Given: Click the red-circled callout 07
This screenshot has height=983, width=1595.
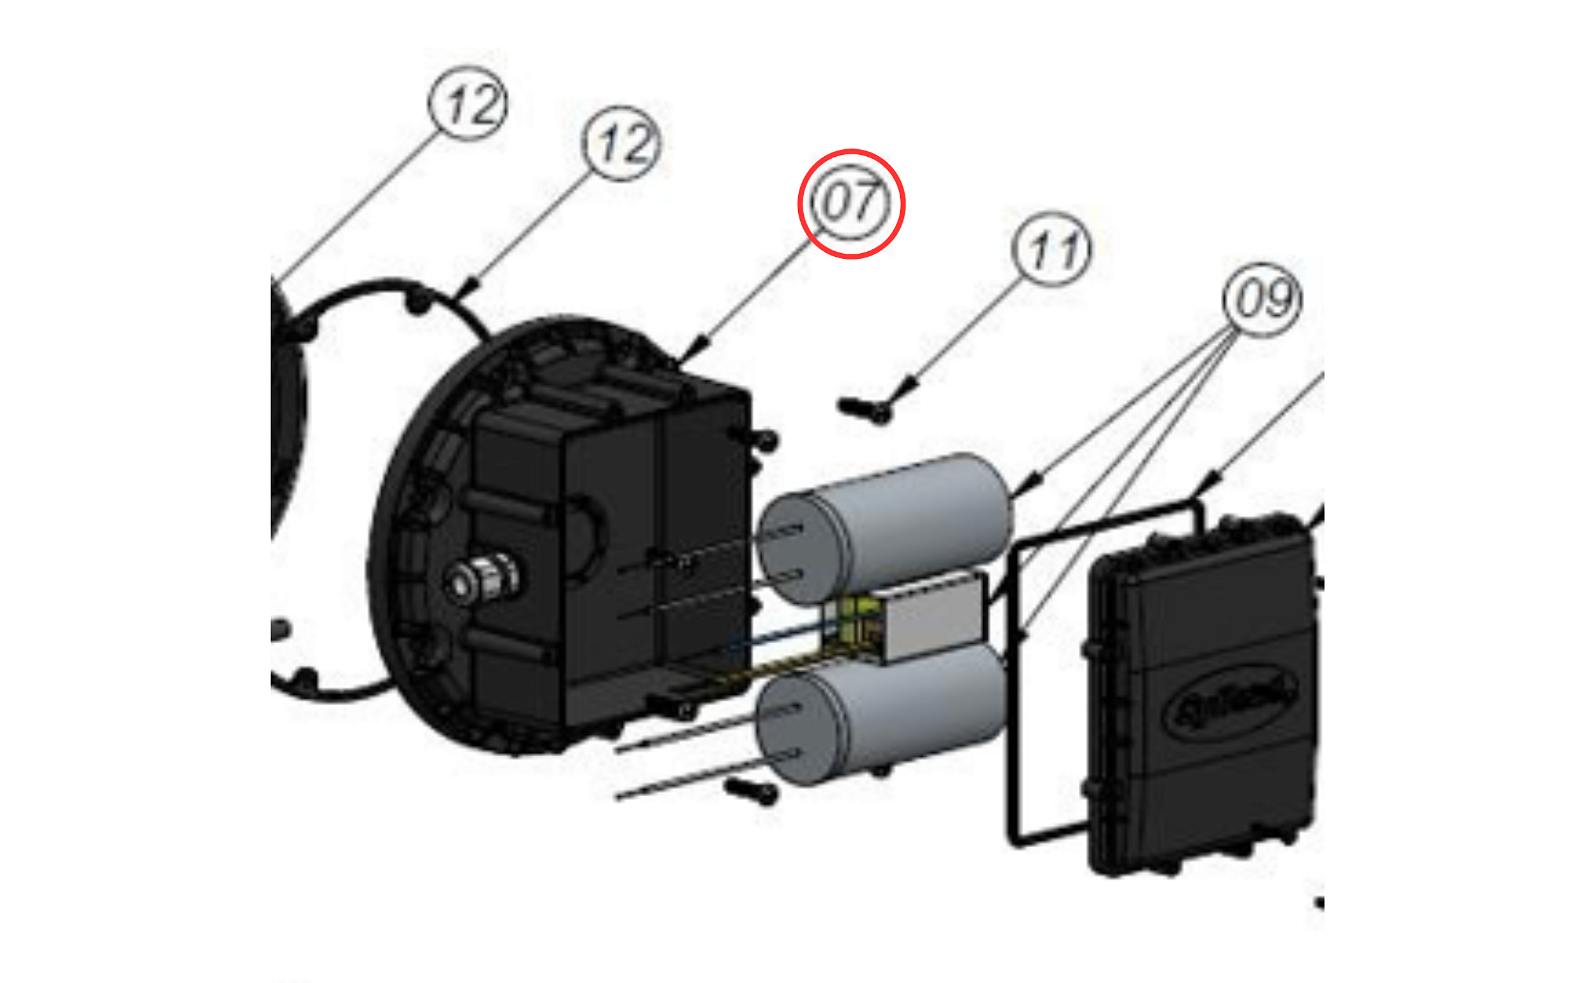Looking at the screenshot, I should (x=851, y=203).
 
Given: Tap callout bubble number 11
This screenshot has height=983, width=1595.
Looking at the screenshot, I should (x=1052, y=249).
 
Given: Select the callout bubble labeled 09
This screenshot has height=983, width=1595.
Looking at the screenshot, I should (x=1262, y=300).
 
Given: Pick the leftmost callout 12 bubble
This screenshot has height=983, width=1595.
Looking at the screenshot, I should (x=468, y=103).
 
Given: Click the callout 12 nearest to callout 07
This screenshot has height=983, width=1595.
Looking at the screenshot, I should (x=621, y=143).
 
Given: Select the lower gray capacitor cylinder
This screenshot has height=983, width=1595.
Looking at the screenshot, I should (x=904, y=715).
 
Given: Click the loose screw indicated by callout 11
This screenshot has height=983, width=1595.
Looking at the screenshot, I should (x=864, y=409).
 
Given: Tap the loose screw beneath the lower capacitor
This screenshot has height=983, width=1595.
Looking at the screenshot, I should (x=752, y=790).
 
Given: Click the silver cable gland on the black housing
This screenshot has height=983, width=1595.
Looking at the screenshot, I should (x=481, y=581).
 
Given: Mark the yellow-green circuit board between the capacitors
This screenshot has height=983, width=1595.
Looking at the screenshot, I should (x=852, y=624).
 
